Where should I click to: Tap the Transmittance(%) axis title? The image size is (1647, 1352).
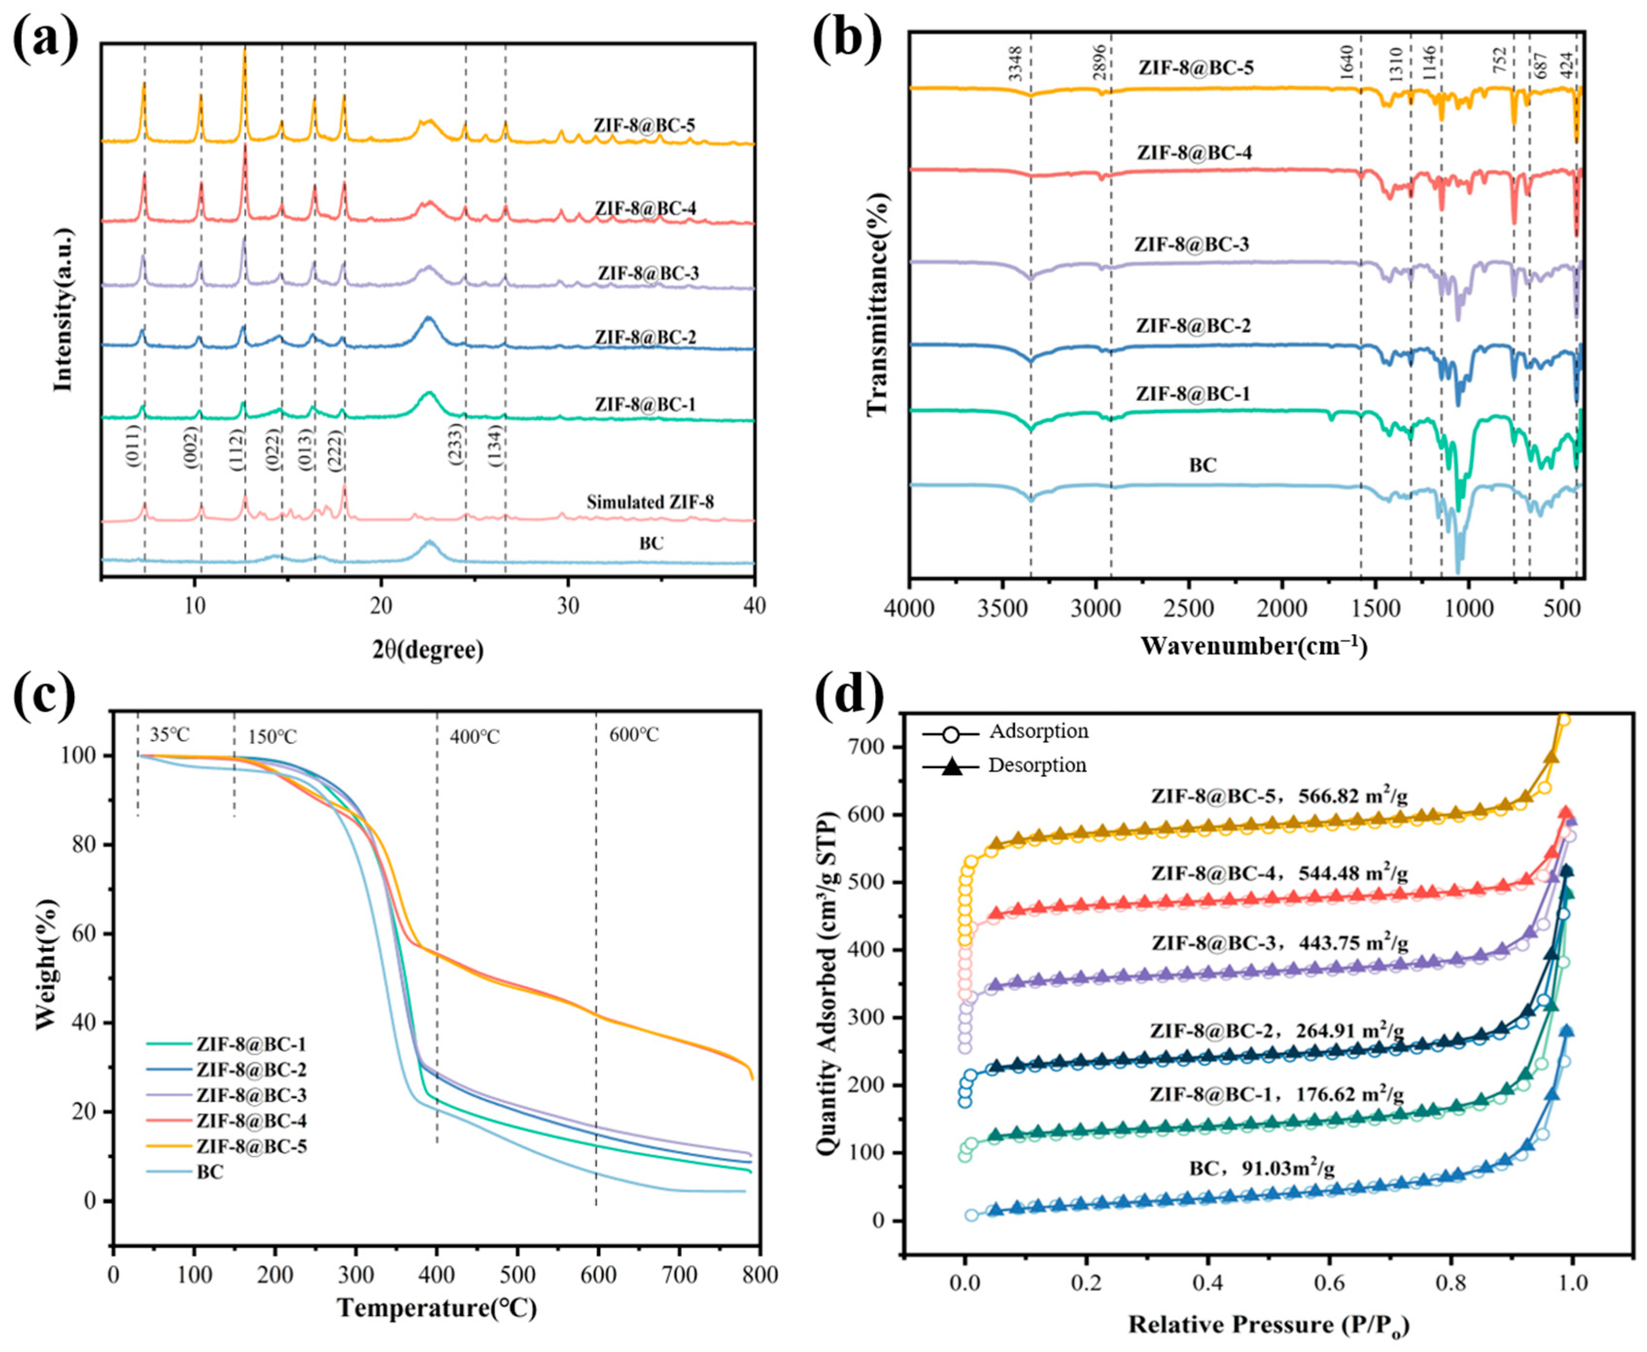[877, 304]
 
